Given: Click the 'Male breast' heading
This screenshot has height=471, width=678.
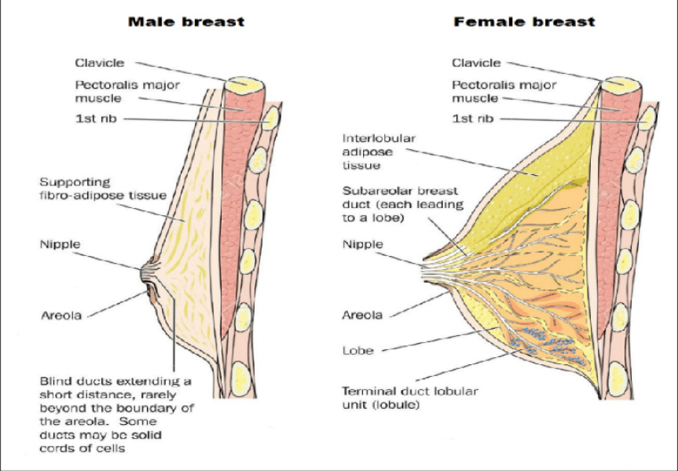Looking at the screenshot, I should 185,22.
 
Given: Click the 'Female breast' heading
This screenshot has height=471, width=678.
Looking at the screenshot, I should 524,22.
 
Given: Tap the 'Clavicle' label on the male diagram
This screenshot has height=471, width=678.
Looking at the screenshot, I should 100,63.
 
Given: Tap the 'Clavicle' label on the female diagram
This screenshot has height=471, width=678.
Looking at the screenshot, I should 476,63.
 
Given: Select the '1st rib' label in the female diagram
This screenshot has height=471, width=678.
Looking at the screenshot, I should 473,119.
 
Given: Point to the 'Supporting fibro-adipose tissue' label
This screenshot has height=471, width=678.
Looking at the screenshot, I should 103,188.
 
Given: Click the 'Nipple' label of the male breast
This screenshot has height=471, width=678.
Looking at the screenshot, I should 60,244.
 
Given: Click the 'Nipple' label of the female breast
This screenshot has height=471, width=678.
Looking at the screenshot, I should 362,244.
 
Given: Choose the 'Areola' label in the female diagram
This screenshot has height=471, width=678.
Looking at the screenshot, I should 362,316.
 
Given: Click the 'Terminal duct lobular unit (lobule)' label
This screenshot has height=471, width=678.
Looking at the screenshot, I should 409,397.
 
